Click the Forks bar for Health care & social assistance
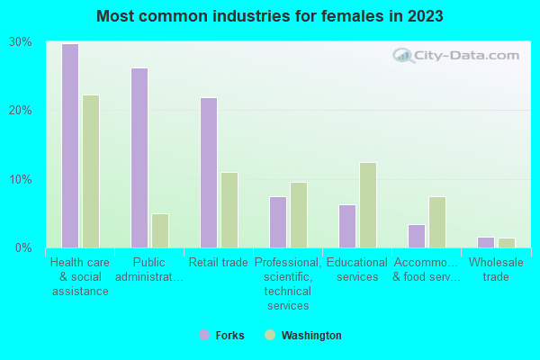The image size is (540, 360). [x=69, y=146]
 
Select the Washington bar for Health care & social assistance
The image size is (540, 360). [x=91, y=171]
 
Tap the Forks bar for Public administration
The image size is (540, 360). [x=139, y=157]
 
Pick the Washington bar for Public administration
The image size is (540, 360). [x=160, y=230]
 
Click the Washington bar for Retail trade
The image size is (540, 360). [x=229, y=210]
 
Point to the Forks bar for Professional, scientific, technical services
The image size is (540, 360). [x=277, y=222]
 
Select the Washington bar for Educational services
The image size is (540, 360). [x=367, y=205]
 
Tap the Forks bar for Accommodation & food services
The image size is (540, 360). [x=416, y=236]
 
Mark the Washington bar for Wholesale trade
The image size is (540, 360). [x=507, y=242]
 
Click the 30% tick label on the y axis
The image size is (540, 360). [x=20, y=42]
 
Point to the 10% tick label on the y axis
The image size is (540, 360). [x=20, y=179]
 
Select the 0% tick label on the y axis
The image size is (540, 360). [x=23, y=247]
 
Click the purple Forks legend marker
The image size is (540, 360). [x=204, y=336]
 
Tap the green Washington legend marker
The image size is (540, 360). [x=270, y=336]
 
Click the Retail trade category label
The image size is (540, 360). [x=219, y=263]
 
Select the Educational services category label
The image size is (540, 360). [x=357, y=270]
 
